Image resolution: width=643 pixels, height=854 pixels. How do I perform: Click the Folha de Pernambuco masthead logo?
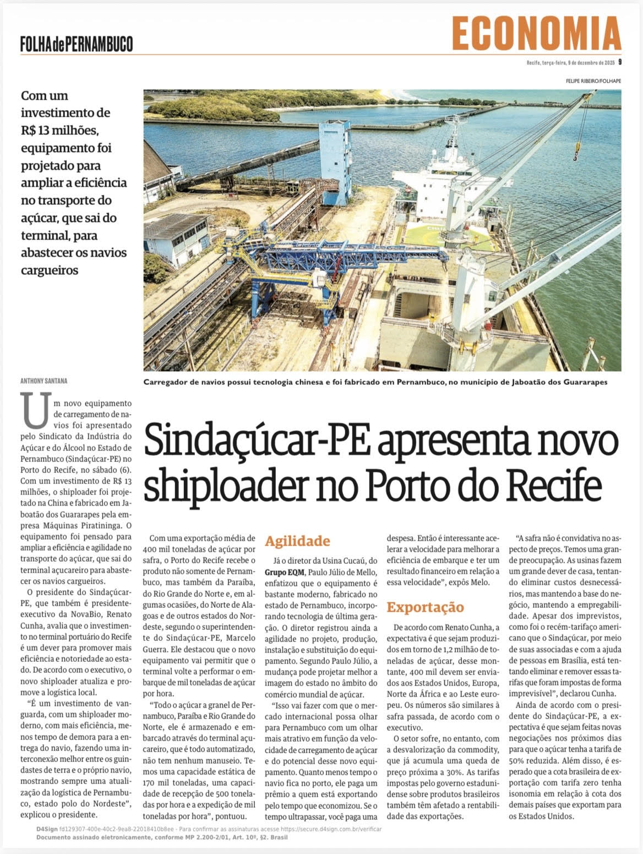tap(77, 43)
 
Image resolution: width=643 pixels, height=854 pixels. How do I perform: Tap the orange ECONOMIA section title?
tap(536, 34)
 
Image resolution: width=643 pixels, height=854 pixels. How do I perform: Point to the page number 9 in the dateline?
tap(619, 62)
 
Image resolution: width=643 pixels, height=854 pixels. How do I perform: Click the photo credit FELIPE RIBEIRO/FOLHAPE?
tap(593, 81)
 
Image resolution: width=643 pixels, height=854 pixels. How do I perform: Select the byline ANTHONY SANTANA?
tap(44, 380)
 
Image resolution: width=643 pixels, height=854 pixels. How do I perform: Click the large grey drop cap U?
tap(36, 410)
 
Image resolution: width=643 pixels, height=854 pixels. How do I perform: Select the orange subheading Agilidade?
tap(297, 541)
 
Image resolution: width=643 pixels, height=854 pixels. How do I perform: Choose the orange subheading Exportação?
tap(425, 607)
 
